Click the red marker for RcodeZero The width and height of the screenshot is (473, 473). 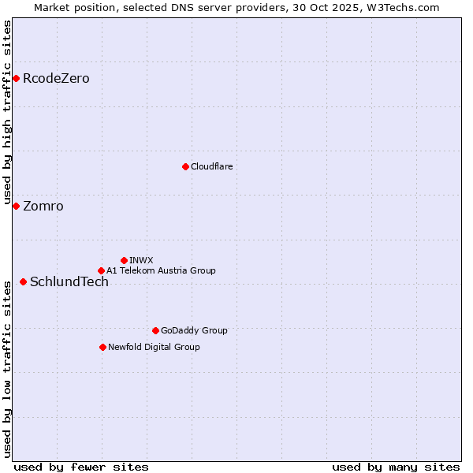tap(16, 78)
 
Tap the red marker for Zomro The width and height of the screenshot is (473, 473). tap(16, 206)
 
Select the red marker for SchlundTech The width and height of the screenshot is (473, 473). tap(23, 281)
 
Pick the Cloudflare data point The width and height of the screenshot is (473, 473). tap(185, 166)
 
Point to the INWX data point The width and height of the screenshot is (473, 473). tap(124, 260)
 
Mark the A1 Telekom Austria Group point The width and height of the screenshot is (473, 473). tap(101, 270)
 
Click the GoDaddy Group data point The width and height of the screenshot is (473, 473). tap(155, 330)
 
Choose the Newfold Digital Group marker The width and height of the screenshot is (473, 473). tap(102, 347)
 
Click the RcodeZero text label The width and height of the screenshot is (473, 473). tap(56, 78)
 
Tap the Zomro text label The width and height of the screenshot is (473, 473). tap(43, 207)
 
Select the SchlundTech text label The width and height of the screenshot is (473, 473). tap(69, 282)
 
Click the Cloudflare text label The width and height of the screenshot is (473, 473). tap(211, 167)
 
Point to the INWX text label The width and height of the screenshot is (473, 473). tap(141, 260)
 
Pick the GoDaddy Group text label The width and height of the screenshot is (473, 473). tap(194, 331)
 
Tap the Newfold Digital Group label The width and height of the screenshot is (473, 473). tap(154, 348)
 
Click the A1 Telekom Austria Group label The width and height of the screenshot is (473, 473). tap(161, 271)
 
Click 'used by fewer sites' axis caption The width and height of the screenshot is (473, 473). tap(81, 467)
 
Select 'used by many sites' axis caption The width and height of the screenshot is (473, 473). tap(396, 467)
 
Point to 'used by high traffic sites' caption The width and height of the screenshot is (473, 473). tap(8, 110)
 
